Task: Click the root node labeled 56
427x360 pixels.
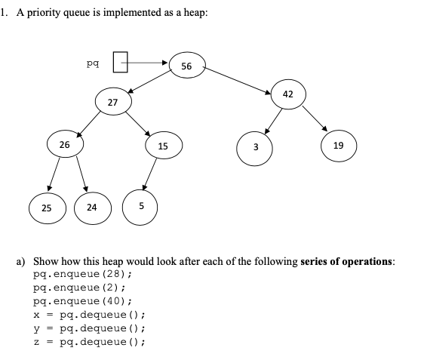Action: (x=186, y=66)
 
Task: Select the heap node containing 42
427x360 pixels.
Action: (x=288, y=94)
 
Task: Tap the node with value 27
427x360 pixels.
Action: (x=112, y=101)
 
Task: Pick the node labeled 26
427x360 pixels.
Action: (x=65, y=144)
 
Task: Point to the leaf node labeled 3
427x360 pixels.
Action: (x=255, y=146)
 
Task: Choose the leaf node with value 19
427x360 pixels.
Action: (x=338, y=146)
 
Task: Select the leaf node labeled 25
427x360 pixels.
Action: (x=47, y=208)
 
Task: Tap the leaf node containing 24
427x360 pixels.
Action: (x=91, y=208)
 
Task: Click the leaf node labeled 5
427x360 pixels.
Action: (x=140, y=208)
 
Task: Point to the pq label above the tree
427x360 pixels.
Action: (x=93, y=62)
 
